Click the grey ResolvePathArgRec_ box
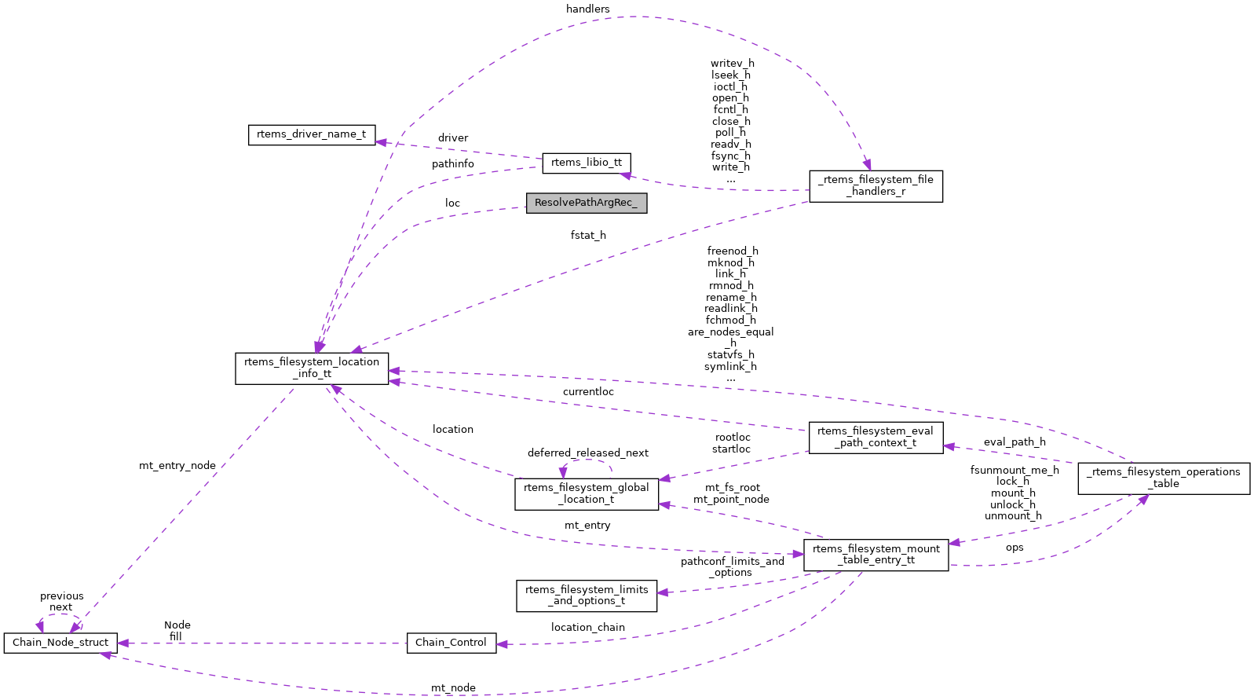click(586, 203)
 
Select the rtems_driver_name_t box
click(311, 134)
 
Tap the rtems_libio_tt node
click(586, 163)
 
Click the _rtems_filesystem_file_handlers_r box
click(876, 186)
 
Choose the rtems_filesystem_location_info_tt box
click(312, 368)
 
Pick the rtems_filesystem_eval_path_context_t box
click(875, 437)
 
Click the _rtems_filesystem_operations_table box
click(1163, 478)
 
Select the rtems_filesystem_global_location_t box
click(586, 493)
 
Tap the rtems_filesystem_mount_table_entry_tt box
click(876, 555)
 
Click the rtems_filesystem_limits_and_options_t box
click(586, 596)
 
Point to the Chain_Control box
click(451, 643)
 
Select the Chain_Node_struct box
click(60, 643)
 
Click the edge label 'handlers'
click(587, 9)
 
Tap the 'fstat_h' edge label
click(588, 235)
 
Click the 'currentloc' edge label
click(588, 391)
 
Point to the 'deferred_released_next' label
click(587, 453)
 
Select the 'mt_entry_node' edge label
click(177, 466)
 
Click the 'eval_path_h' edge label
click(1014, 442)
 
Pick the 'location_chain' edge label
click(587, 627)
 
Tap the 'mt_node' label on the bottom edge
click(453, 688)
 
